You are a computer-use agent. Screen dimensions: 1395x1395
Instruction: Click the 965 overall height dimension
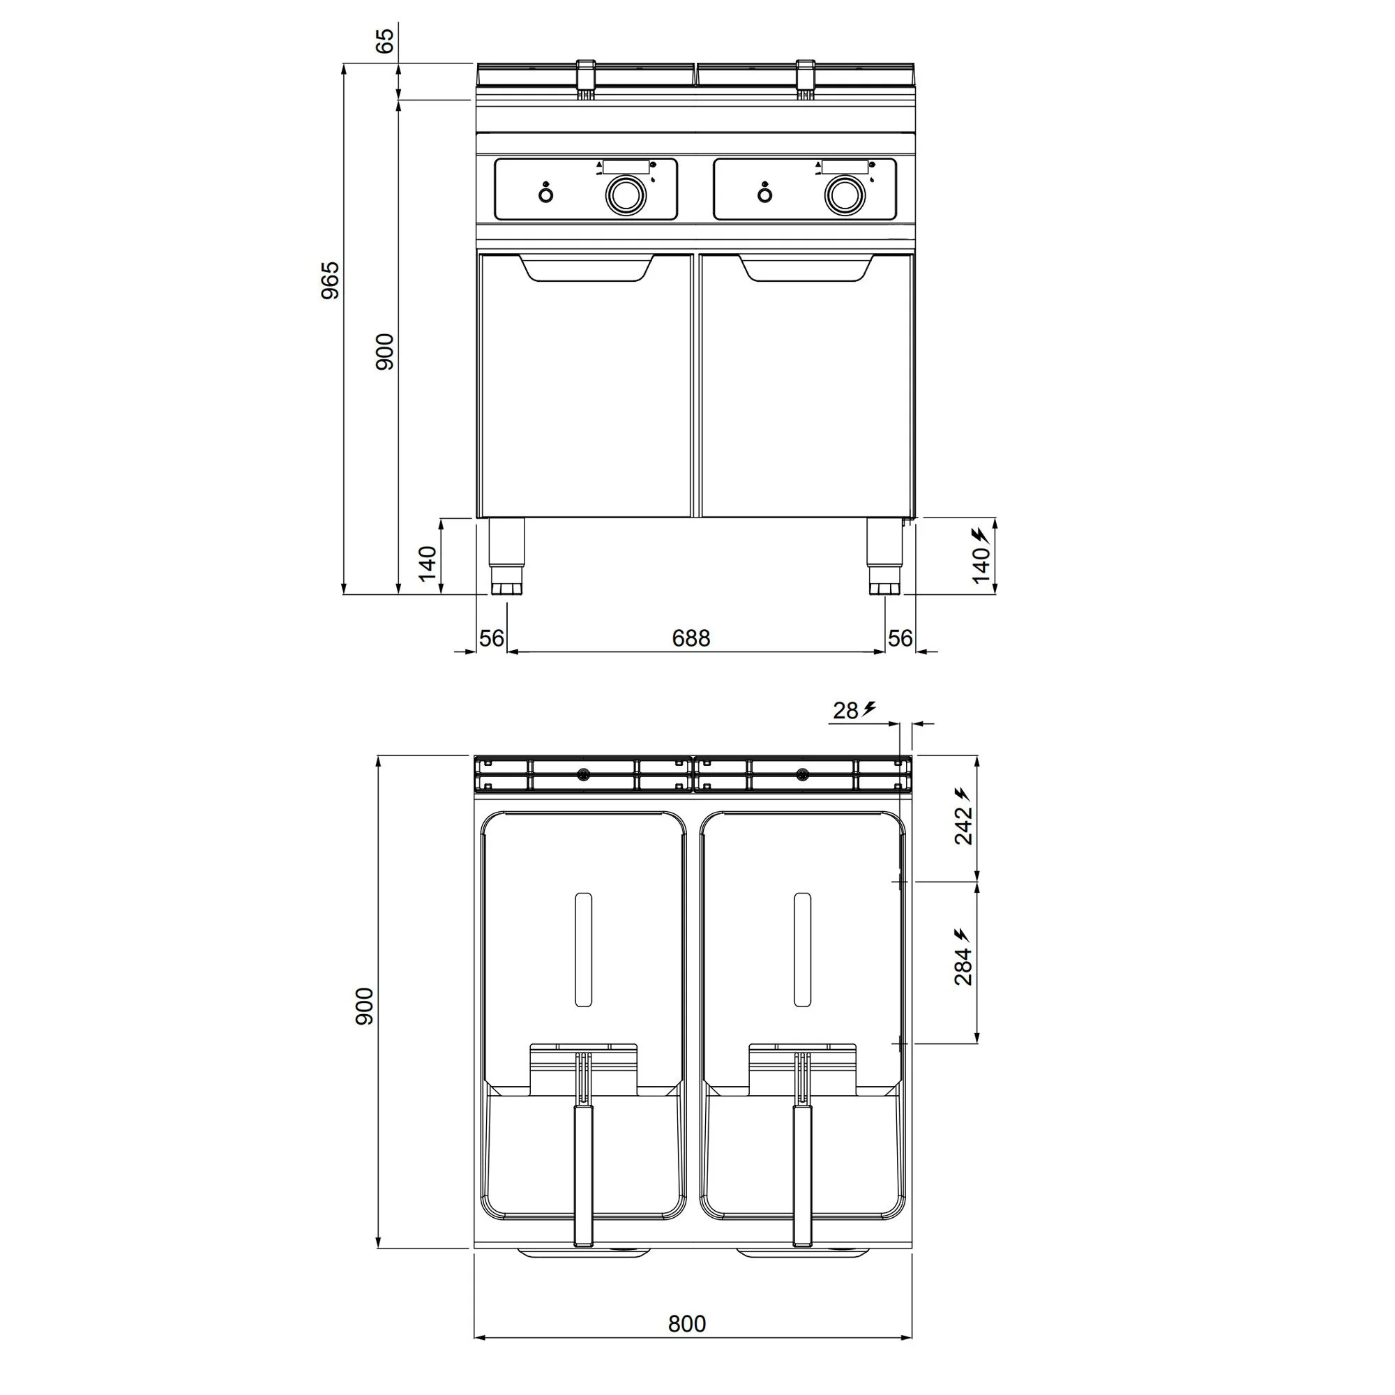(x=330, y=281)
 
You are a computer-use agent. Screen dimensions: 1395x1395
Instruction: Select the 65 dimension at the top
(x=386, y=40)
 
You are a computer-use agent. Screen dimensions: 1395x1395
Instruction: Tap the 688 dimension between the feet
(x=691, y=638)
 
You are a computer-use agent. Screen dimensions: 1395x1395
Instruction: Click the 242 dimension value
(x=964, y=825)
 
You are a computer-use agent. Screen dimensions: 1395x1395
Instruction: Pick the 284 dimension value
(x=964, y=966)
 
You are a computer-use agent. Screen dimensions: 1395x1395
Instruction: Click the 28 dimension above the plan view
(x=845, y=711)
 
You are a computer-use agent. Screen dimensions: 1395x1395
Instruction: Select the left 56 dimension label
(x=492, y=638)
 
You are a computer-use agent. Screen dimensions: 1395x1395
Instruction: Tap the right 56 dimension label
(x=900, y=638)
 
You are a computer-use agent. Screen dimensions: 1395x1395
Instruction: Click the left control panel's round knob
(x=623, y=194)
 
